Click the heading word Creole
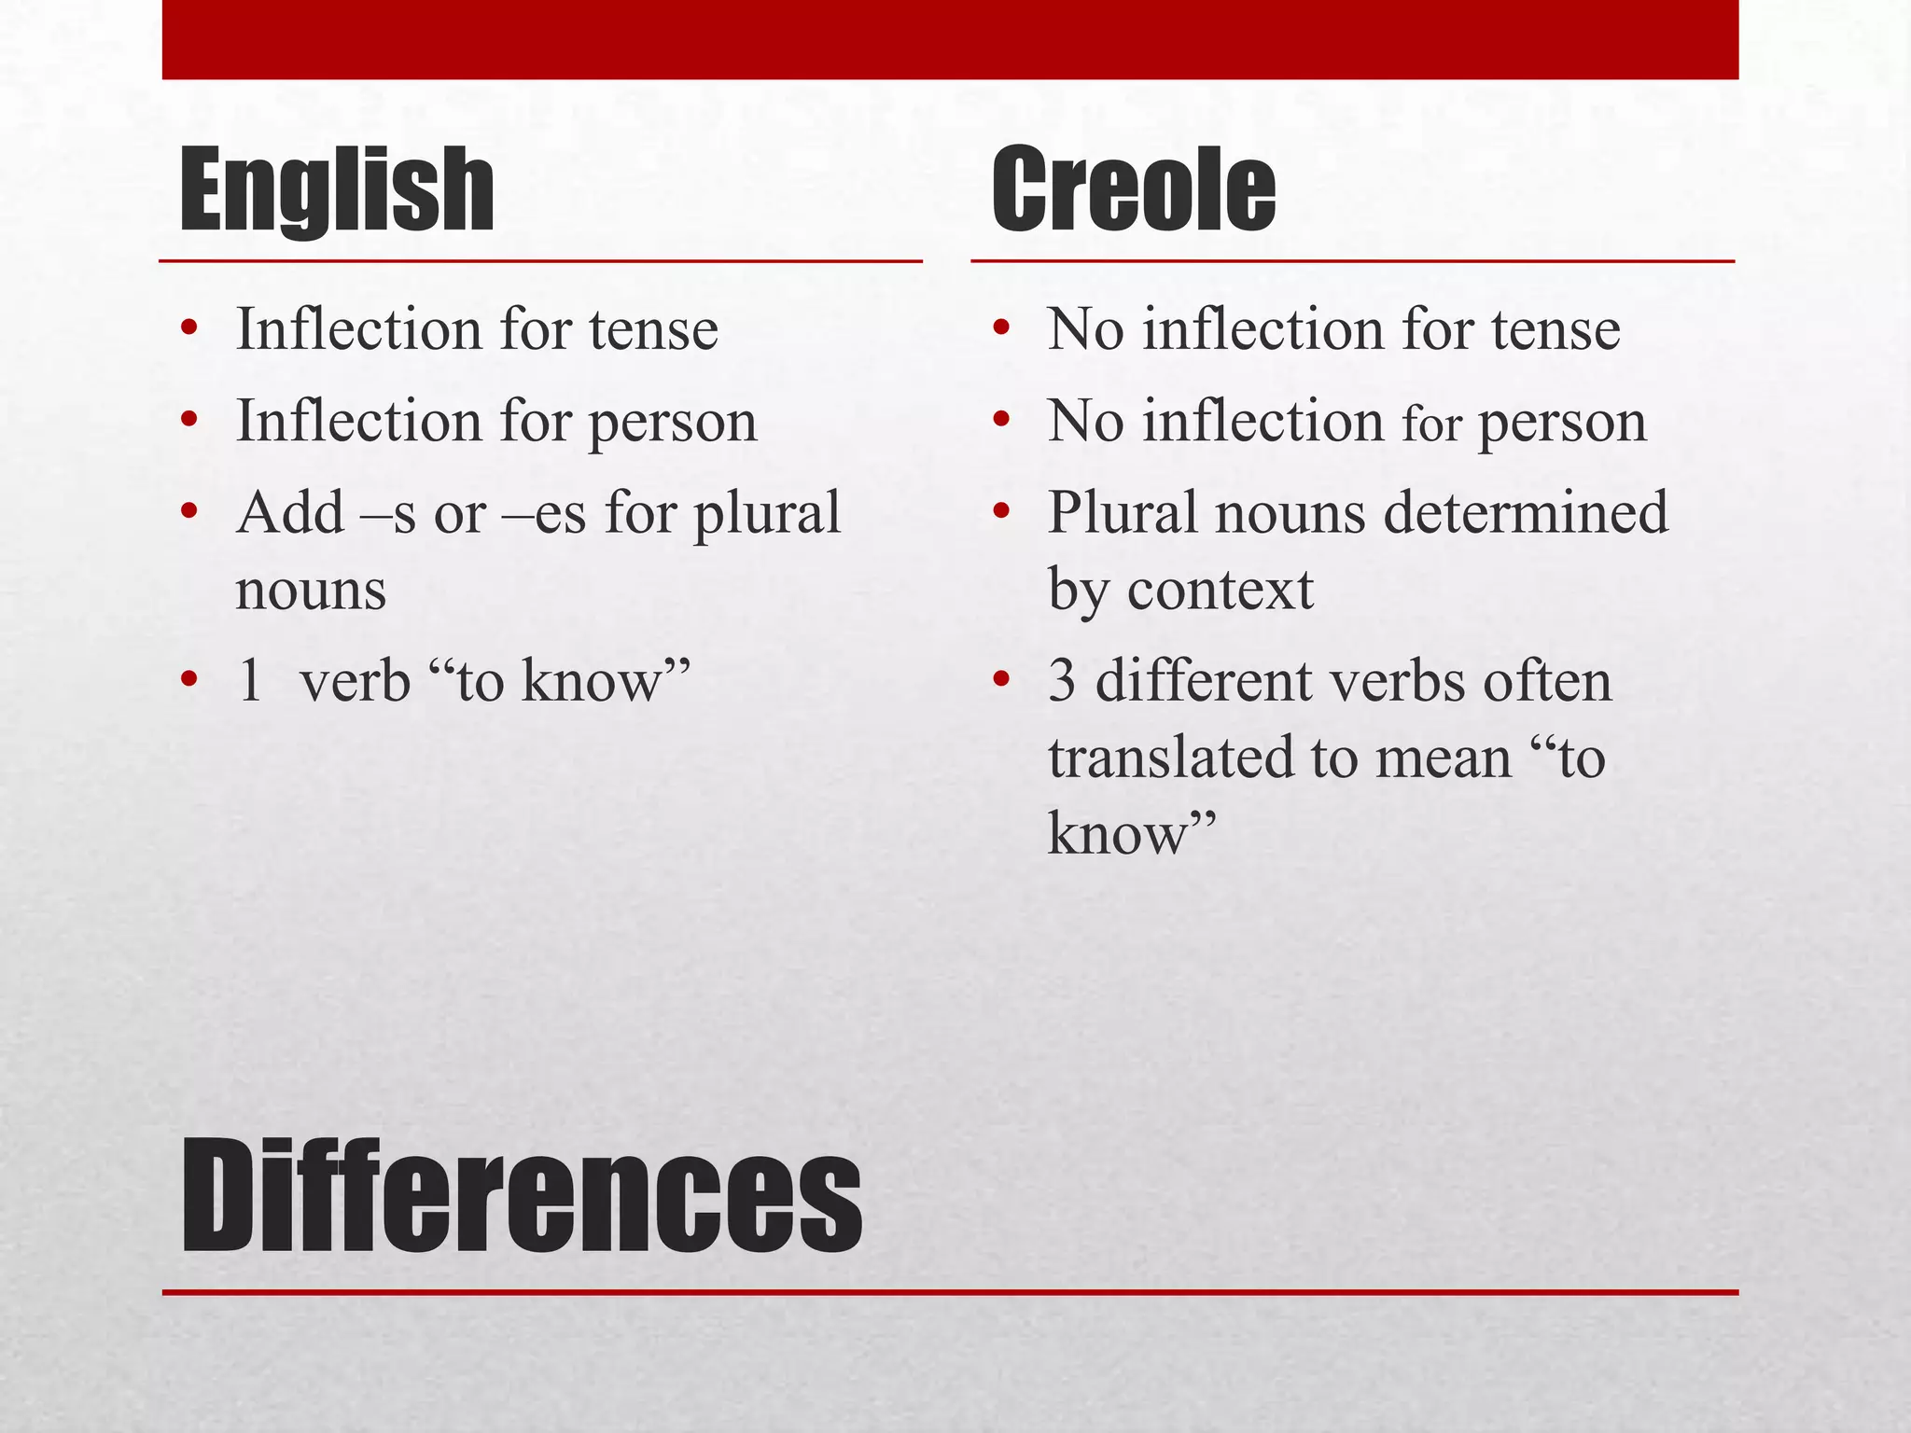click(x=1133, y=191)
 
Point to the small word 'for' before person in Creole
click(x=1431, y=424)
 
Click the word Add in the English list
click(x=290, y=513)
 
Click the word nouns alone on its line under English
click(x=311, y=591)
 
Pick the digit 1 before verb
click(x=249, y=680)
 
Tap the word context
click(x=1221, y=591)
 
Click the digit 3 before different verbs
click(x=1062, y=681)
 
